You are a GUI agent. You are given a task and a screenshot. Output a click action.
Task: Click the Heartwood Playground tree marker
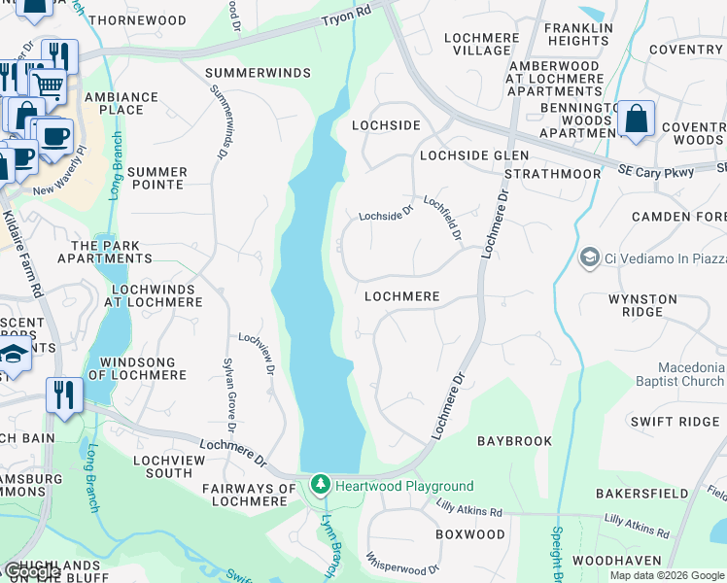click(321, 484)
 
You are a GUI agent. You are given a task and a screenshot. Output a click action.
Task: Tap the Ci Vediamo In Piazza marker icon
click(589, 258)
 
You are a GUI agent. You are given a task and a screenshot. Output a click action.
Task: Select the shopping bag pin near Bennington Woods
click(636, 120)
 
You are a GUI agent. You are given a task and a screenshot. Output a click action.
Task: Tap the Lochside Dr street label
click(387, 216)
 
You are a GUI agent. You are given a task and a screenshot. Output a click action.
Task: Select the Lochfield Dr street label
click(442, 220)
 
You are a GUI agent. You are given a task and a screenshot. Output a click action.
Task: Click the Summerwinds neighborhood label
click(259, 73)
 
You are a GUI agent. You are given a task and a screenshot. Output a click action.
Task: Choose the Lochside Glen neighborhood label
click(474, 155)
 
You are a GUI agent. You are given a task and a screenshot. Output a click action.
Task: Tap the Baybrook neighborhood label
click(514, 441)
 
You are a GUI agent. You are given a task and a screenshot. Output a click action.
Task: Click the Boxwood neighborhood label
click(470, 534)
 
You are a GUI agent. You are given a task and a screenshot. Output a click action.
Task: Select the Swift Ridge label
click(675, 421)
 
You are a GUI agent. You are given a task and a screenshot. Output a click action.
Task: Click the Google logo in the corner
click(32, 572)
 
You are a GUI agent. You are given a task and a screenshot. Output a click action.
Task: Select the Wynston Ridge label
click(649, 305)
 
